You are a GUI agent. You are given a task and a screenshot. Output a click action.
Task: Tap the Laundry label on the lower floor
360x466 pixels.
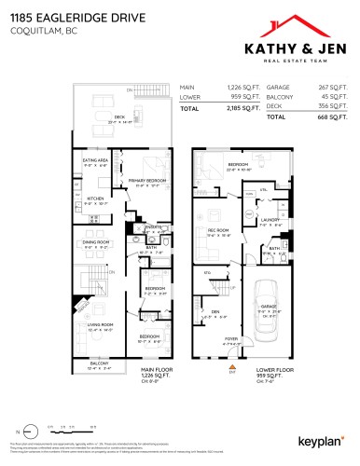click(x=270, y=221)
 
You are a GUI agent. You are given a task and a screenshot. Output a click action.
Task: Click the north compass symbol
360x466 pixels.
click(x=28, y=426)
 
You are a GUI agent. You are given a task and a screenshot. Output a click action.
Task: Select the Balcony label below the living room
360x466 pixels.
click(x=97, y=364)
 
